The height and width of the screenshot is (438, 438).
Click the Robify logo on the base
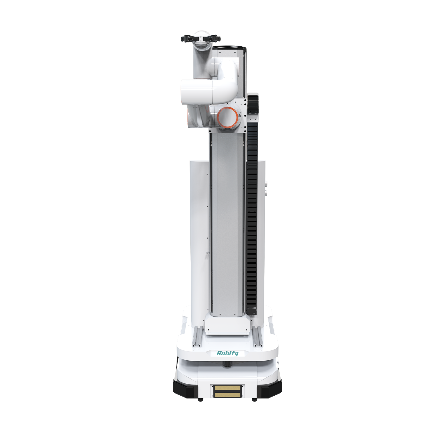227,353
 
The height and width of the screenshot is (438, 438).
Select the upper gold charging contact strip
227,388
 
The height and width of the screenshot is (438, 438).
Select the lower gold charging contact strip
227,395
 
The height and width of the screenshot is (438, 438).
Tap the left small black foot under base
200,400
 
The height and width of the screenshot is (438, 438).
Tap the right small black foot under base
254,400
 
